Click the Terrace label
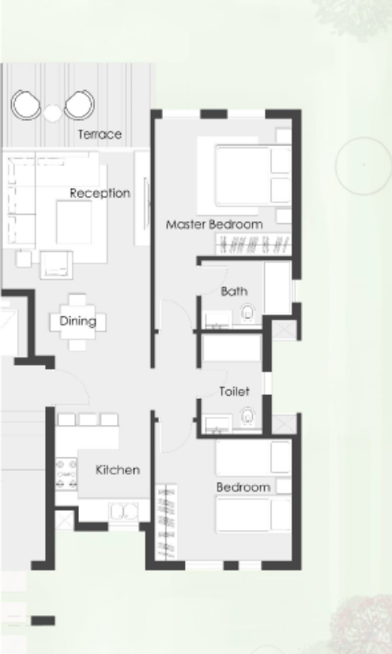click(100, 134)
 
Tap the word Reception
click(100, 193)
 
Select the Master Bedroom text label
click(215, 224)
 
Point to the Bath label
click(234, 291)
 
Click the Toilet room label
click(235, 391)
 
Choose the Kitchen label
click(118, 470)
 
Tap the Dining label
click(78, 321)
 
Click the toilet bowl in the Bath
click(247, 313)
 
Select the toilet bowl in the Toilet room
click(247, 416)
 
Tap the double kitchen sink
click(123, 511)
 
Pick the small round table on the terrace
click(53, 113)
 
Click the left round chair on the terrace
click(26, 105)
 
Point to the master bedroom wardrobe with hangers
click(254, 244)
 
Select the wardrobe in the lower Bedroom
click(167, 522)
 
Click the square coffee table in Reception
click(73, 222)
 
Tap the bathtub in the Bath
click(277, 288)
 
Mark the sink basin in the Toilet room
click(217, 424)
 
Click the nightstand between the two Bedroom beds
click(284, 487)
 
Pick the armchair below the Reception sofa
click(56, 265)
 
